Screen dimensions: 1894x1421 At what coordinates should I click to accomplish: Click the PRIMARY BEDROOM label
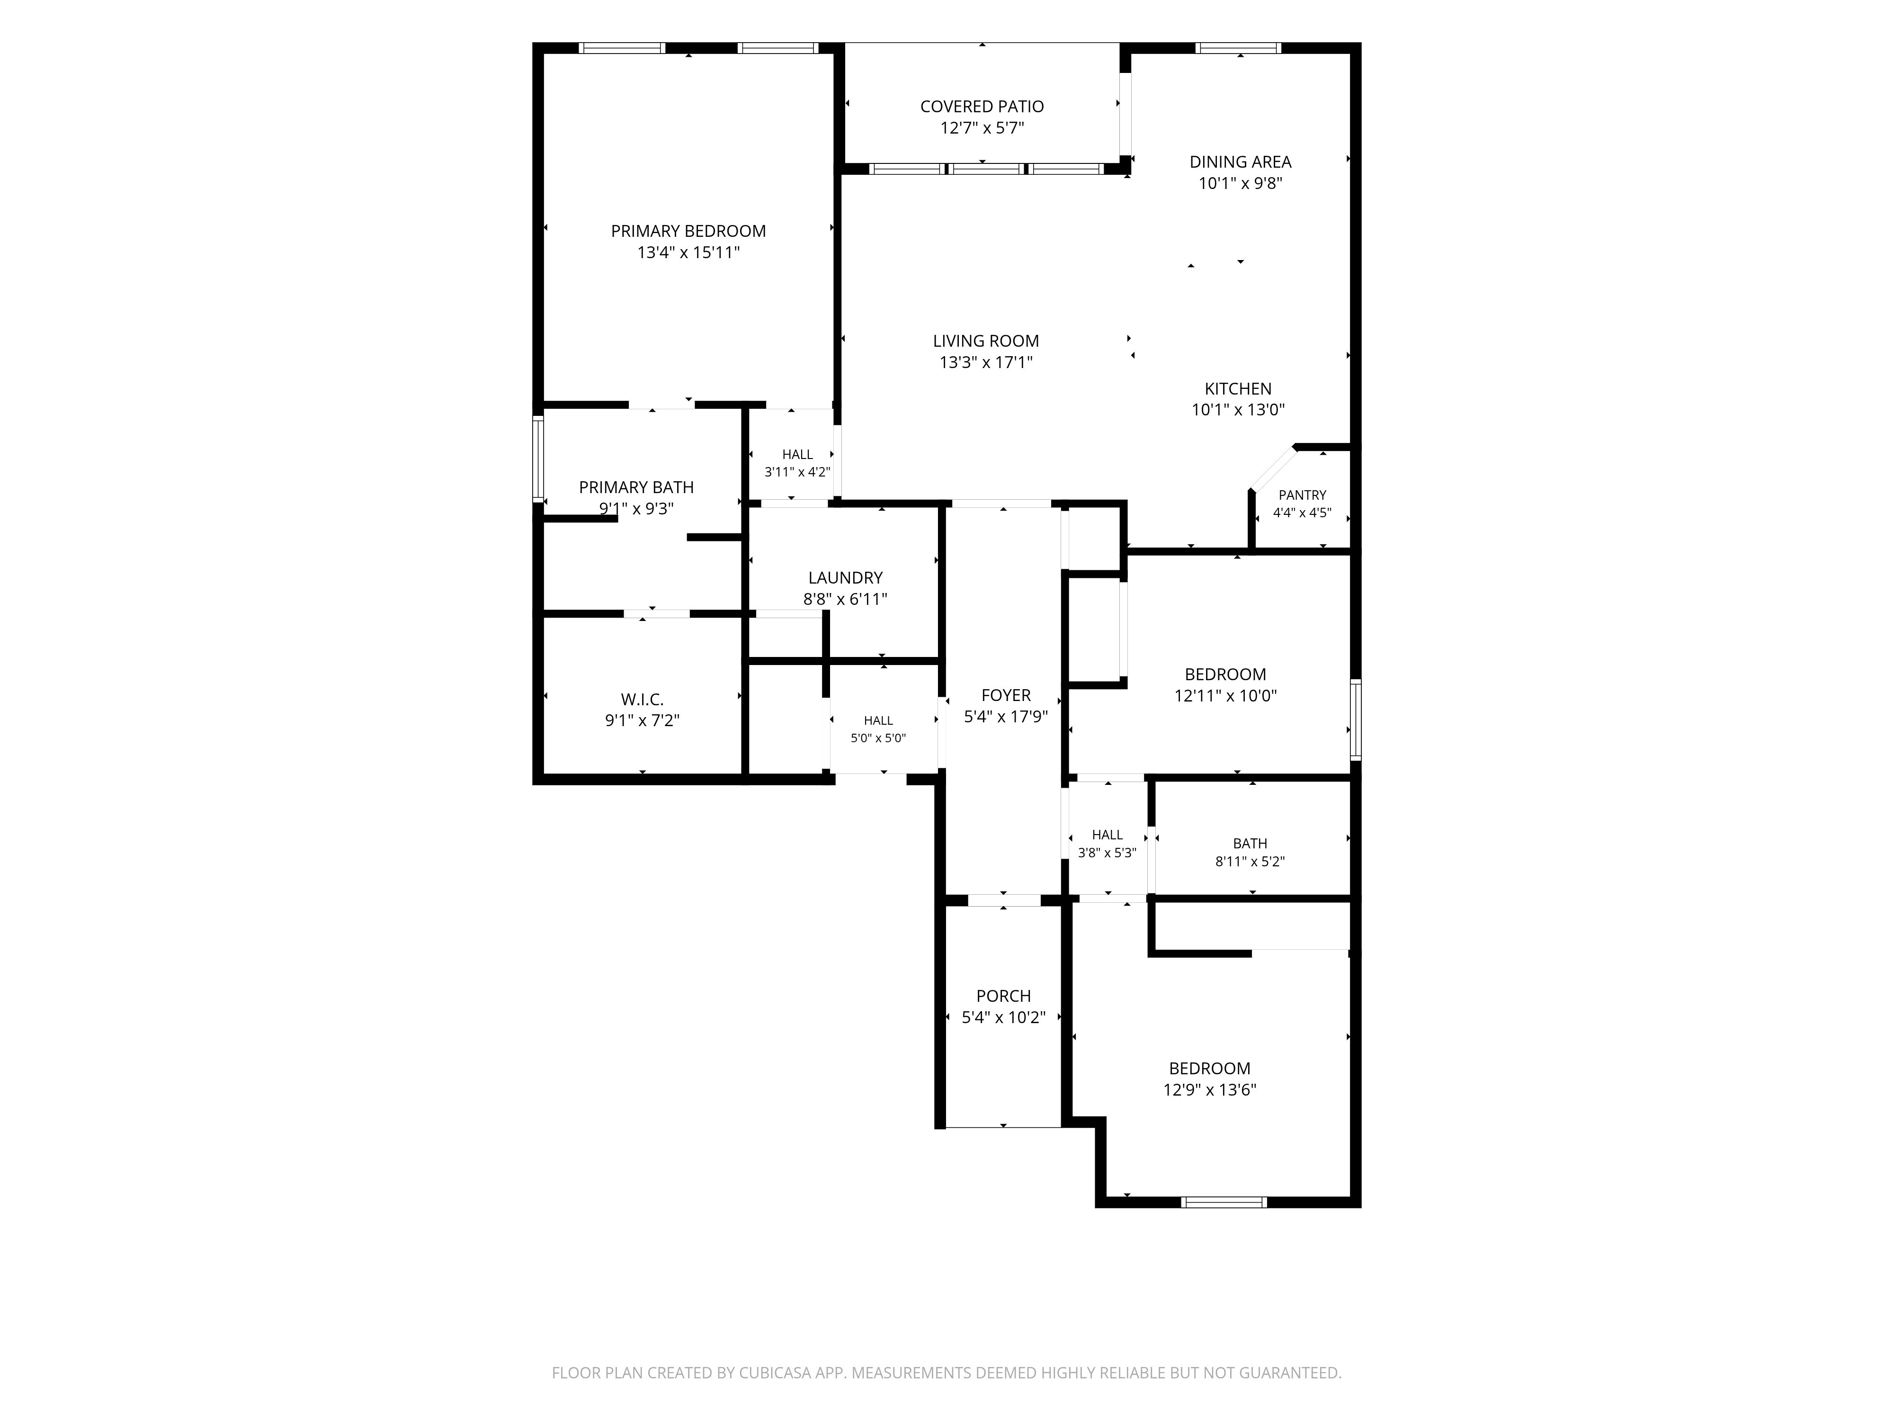[x=688, y=231]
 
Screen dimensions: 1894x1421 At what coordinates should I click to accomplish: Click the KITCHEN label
[x=1238, y=389]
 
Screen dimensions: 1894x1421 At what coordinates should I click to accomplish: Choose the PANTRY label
[x=1302, y=495]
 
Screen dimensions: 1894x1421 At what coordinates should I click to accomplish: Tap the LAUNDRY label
[x=845, y=578]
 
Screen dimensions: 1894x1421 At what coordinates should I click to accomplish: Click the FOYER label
[x=1006, y=695]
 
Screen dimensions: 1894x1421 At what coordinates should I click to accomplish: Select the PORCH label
[x=1003, y=996]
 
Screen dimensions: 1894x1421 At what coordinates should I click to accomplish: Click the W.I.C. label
[x=642, y=700]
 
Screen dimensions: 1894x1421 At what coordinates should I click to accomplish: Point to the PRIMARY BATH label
[x=636, y=487]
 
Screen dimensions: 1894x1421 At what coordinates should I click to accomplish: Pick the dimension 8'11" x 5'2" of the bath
[x=1250, y=862]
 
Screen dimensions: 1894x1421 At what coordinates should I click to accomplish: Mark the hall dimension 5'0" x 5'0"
[x=878, y=738]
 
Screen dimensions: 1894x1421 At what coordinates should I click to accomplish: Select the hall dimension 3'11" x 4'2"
[x=797, y=472]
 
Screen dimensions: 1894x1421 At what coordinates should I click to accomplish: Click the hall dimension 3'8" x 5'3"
[x=1107, y=853]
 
